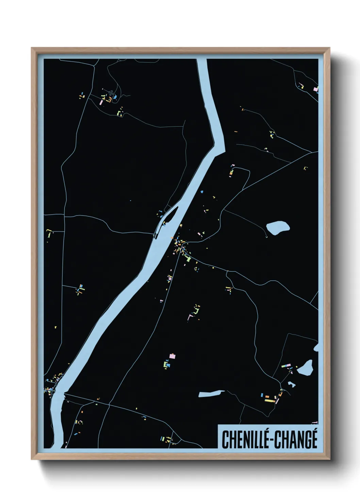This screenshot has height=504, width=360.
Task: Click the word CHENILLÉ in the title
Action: pyautogui.click(x=244, y=440)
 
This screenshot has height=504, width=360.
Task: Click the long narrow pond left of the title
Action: pyautogui.click(x=211, y=394)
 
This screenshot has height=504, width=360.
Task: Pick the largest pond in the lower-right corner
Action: pyautogui.click(x=305, y=368)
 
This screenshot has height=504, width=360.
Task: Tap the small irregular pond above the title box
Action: pyautogui.click(x=291, y=384)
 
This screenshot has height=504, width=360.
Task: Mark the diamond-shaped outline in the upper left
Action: pyautogui.click(x=111, y=92)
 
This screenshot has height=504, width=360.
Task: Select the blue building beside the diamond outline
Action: pyautogui.click(x=115, y=97)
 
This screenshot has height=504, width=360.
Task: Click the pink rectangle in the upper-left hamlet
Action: pyautogui.click(x=101, y=102)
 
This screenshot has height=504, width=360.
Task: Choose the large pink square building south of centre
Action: pyautogui.click(x=173, y=357)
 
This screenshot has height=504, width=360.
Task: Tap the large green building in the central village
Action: pyautogui.click(x=188, y=259)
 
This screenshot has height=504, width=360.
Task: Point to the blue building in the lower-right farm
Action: pyautogui.click(x=262, y=395)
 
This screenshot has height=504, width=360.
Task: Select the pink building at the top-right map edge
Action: pyautogui.click(x=315, y=89)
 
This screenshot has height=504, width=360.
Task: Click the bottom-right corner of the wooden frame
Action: pyautogui.click(x=329, y=459)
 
